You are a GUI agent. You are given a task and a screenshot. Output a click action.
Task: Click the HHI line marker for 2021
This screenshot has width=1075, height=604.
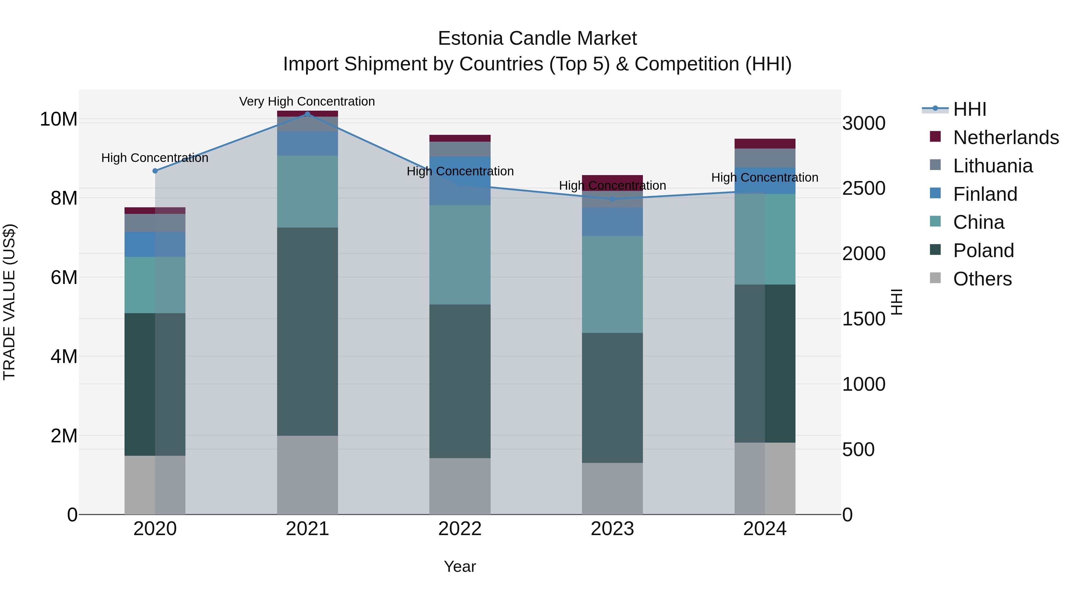308,114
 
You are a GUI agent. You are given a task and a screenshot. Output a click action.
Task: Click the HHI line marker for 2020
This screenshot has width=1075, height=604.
155,171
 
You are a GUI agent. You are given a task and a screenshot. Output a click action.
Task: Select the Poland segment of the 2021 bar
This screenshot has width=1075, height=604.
308,331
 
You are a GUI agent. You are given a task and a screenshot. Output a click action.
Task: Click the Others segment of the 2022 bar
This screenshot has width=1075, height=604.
460,486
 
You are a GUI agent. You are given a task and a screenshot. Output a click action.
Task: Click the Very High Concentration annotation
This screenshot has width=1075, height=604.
307,102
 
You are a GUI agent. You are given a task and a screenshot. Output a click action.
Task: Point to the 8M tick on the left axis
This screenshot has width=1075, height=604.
64,198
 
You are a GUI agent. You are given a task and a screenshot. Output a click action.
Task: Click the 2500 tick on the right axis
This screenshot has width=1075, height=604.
863,189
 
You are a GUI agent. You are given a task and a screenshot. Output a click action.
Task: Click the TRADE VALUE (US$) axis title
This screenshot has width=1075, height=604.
10,302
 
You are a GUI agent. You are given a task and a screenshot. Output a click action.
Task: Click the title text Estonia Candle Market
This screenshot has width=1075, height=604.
537,38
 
